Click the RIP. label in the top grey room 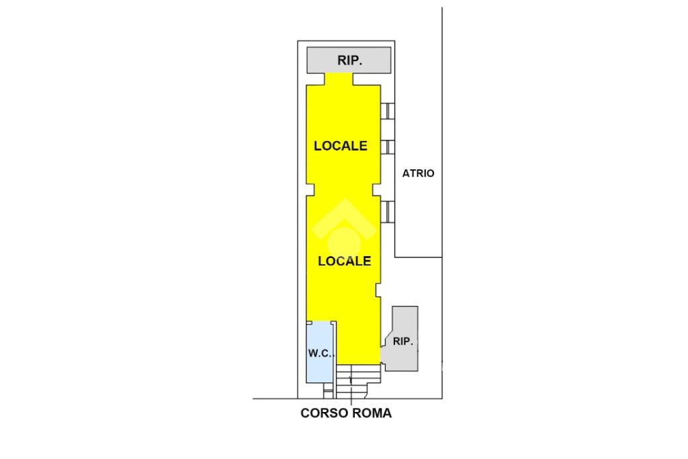(349, 60)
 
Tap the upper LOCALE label (341, 146)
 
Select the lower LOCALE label (344, 261)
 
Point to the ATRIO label (418, 173)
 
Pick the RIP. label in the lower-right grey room (402, 341)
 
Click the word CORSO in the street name (324, 413)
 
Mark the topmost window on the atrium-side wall (388, 112)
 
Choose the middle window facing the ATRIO (388, 147)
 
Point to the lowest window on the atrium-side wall (388, 211)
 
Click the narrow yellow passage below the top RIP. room (339, 79)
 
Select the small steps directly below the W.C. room (327, 390)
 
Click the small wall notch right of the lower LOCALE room (378, 290)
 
